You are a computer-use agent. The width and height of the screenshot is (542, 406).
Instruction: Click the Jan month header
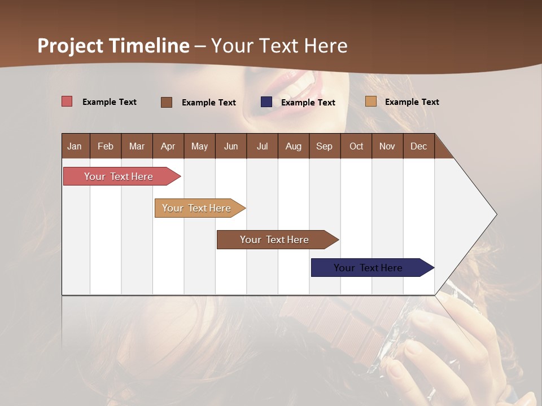75,146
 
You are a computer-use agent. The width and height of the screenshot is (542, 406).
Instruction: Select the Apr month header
168,146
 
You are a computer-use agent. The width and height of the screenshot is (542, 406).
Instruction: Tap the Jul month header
262,146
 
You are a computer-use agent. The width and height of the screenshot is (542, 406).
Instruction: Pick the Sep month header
324,146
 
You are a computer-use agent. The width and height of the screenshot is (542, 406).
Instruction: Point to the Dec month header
418,146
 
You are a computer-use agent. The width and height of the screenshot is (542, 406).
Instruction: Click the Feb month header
106,146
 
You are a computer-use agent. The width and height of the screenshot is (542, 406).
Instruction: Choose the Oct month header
356,146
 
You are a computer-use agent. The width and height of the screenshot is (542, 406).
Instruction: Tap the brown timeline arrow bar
275,240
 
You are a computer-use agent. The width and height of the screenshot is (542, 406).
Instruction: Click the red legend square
67,101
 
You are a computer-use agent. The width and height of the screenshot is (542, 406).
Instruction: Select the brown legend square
167,102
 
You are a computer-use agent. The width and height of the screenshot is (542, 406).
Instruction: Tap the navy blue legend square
266,102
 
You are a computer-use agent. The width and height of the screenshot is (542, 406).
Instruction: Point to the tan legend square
370,101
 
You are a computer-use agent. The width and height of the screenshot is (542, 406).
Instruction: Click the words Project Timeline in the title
113,46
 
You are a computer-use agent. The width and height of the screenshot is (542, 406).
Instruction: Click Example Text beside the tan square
412,102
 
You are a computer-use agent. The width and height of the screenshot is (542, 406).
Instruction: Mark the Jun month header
231,146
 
